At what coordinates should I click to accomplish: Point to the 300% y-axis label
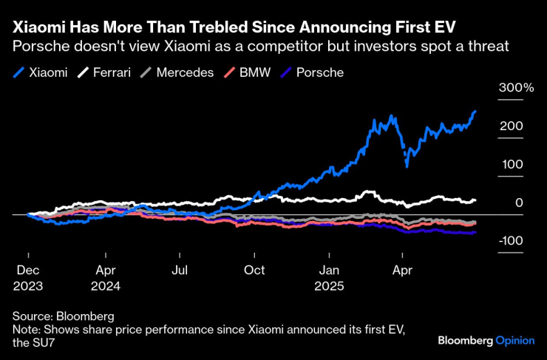[x=516, y=88]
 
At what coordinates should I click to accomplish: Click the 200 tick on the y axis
[x=511, y=126]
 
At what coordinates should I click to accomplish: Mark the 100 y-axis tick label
[x=511, y=164]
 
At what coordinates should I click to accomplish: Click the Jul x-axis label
[x=180, y=270]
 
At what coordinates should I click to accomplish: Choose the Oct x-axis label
[x=254, y=270]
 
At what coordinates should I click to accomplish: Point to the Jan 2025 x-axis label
[x=330, y=277]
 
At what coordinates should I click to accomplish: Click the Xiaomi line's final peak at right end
[x=475, y=112]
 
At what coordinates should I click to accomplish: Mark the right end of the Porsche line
[x=475, y=232]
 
